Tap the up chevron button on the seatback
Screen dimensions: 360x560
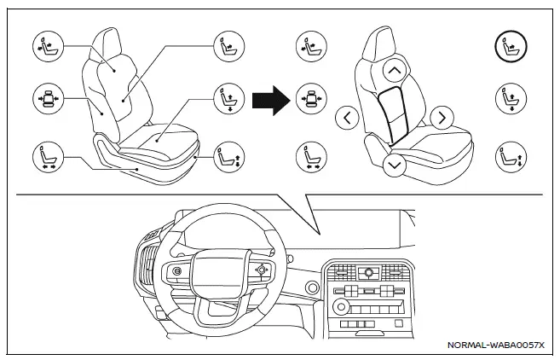[394, 70]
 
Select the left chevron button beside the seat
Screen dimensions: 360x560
[347, 118]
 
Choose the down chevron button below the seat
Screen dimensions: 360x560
[394, 165]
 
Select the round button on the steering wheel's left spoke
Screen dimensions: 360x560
[176, 270]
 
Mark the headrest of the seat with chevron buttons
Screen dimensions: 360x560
[384, 43]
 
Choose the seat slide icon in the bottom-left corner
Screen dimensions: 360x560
[45, 156]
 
